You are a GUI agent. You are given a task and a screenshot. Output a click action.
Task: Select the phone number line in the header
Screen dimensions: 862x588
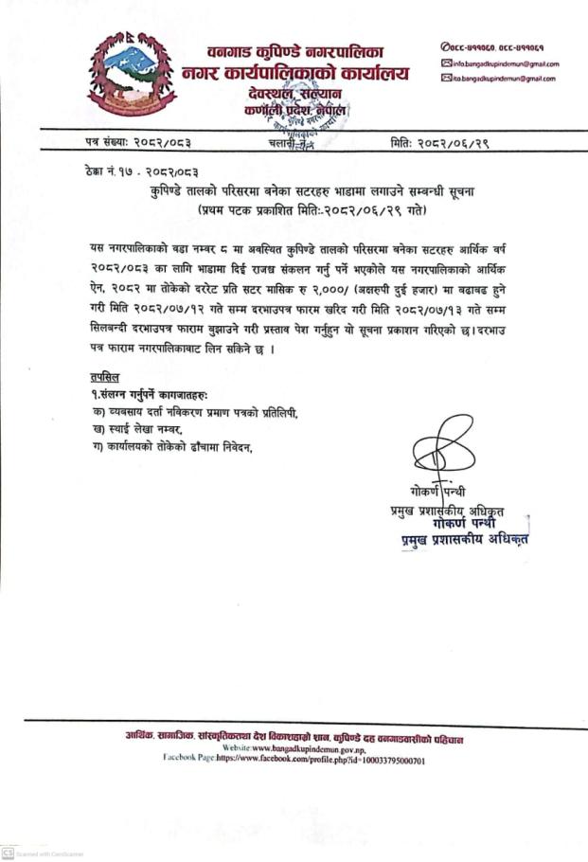point(499,47)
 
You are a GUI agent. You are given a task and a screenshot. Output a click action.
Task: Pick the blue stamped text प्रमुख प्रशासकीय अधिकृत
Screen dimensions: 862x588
point(461,538)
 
